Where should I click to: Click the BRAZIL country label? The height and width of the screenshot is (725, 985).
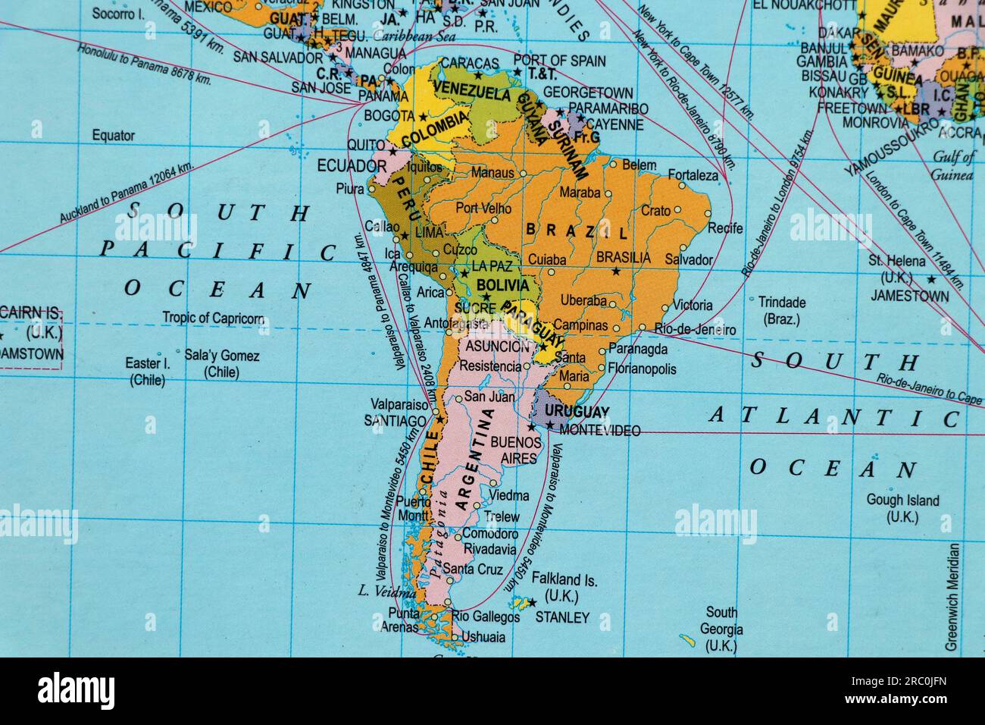[x=577, y=231]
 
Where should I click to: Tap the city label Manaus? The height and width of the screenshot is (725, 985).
[x=492, y=173]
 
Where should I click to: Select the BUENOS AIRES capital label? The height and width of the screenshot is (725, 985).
[x=516, y=450]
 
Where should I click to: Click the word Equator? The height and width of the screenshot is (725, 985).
[x=113, y=136]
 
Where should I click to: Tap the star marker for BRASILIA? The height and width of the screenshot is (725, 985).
[x=615, y=271]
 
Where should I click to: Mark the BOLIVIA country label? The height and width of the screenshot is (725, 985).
[x=502, y=285]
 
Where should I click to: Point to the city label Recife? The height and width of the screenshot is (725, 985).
[x=725, y=228]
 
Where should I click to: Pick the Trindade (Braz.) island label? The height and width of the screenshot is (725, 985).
[x=782, y=310]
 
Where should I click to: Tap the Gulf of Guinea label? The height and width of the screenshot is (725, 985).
[x=953, y=167]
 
